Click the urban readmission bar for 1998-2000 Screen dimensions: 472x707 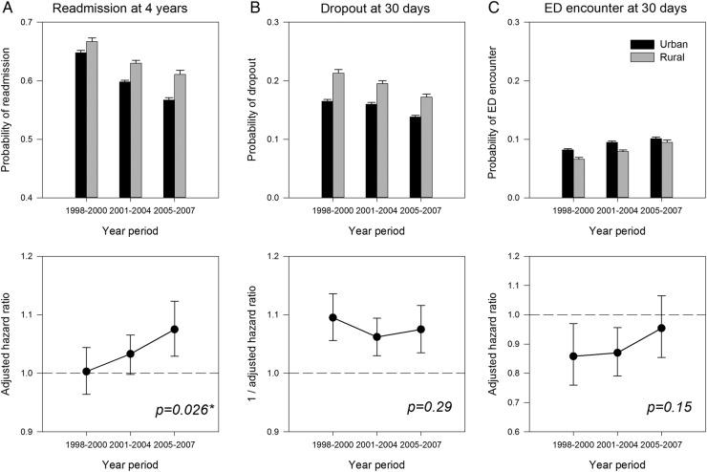(80, 124)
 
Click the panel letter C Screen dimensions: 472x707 (491, 9)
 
